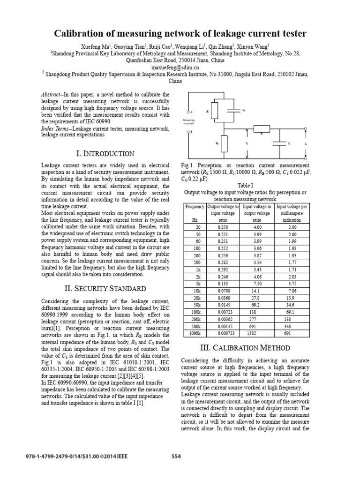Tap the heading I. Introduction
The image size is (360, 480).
pyautogui.click(x=105, y=153)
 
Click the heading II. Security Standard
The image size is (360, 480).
pyautogui.click(x=105, y=288)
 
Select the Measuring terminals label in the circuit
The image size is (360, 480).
pyautogui.click(x=188, y=122)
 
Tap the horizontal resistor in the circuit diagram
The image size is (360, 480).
pyautogui.click(x=262, y=128)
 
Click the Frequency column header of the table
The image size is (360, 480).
pyautogui.click(x=195, y=207)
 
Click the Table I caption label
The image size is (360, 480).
pyautogui.click(x=245, y=185)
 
